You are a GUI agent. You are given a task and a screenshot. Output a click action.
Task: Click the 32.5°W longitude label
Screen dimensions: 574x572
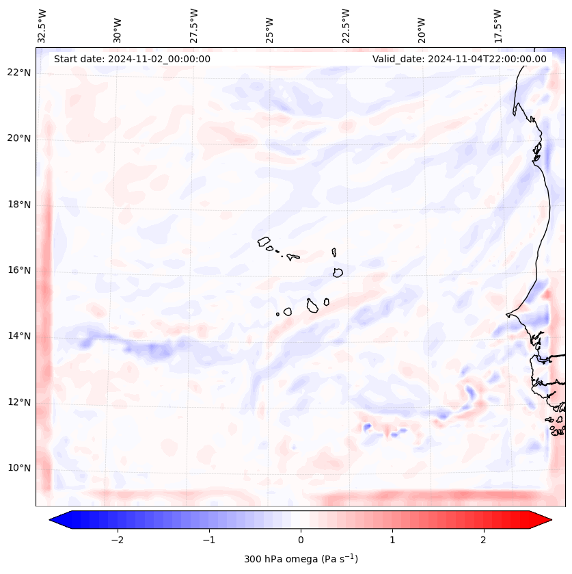pyautogui.click(x=42, y=25)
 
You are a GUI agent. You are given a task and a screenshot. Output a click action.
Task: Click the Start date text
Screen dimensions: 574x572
pyautogui.click(x=132, y=59)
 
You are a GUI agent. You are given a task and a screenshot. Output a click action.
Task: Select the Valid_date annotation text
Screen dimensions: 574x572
pyautogui.click(x=459, y=59)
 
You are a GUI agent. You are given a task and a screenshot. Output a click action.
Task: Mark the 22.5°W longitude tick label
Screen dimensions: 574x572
pyautogui.click(x=345, y=25)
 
